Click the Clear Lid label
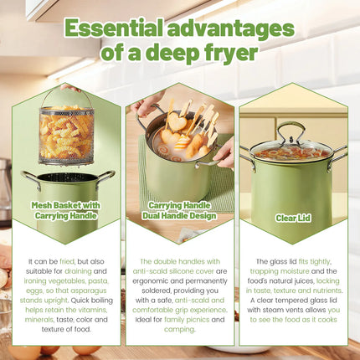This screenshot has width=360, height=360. pos(293,218)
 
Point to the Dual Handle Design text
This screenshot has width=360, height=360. pos(179,214)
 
